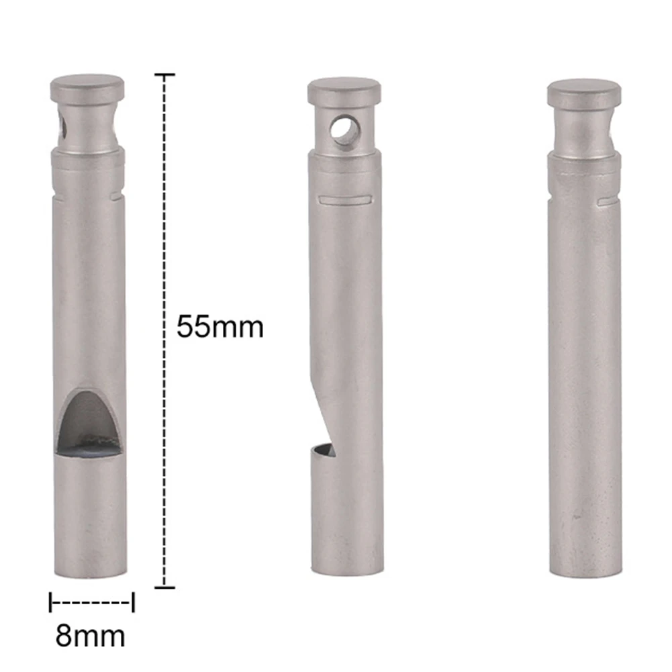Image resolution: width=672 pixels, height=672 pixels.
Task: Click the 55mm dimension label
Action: point(220,327)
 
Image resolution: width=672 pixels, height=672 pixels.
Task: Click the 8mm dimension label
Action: point(90,635)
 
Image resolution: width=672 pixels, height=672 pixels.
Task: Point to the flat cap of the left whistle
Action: point(87,87)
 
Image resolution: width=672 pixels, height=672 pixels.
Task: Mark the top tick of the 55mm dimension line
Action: point(165,75)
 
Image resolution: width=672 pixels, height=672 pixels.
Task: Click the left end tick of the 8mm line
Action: point(50,602)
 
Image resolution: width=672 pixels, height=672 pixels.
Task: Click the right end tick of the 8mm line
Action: point(133,602)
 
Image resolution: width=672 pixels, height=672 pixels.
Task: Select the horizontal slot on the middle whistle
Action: point(344,199)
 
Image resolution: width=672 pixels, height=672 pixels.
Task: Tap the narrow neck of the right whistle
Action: point(583,131)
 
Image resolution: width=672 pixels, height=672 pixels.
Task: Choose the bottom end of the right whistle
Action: point(583,567)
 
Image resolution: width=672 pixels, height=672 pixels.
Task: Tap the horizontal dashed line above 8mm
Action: point(91,602)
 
